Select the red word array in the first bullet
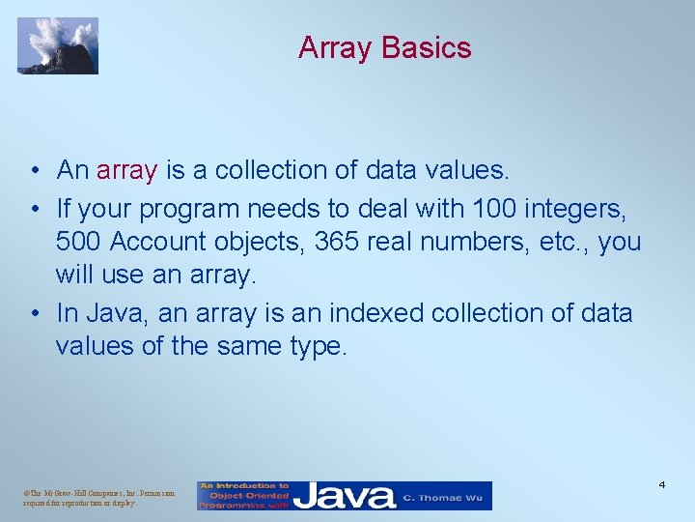[x=126, y=171]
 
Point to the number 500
[x=77, y=242]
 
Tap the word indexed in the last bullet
[x=377, y=313]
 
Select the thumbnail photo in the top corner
[x=58, y=45]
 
